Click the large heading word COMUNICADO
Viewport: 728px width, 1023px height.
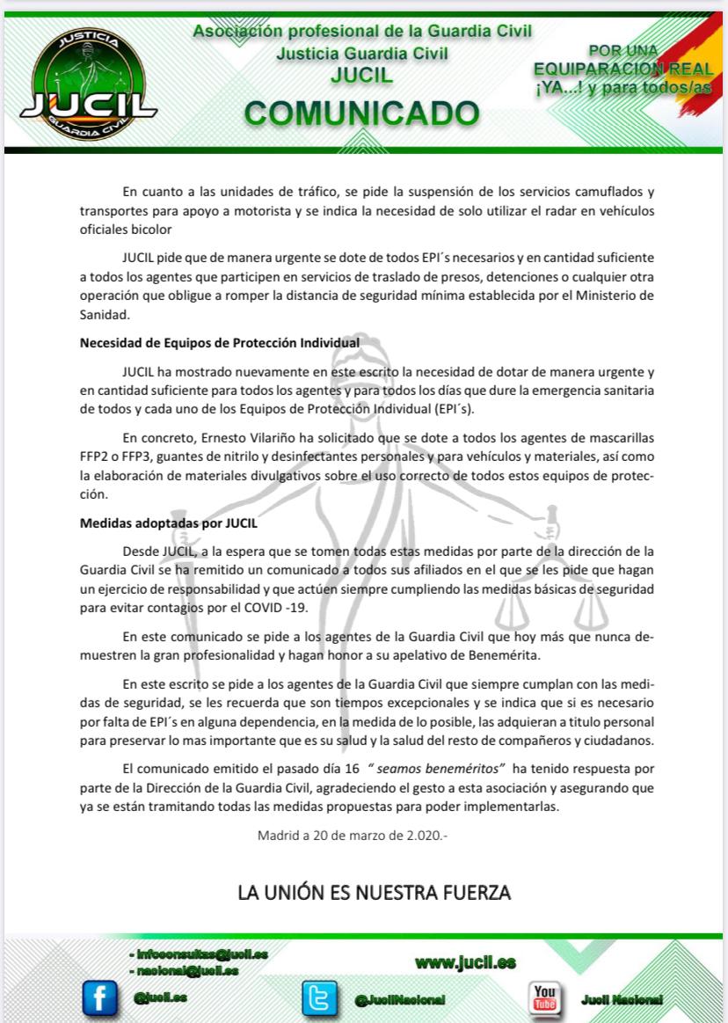click(361, 113)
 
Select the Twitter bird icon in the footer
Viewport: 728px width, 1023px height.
click(319, 997)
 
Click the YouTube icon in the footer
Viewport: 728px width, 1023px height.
click(544, 997)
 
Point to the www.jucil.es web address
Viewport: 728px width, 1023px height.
click(465, 962)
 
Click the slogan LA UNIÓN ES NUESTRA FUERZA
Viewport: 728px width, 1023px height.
click(374, 894)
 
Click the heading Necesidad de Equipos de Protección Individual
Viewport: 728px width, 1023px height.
click(219, 342)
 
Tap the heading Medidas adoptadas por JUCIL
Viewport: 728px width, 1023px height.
click(168, 522)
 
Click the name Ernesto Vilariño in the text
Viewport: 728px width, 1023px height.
click(240, 438)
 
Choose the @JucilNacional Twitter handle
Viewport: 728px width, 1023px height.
click(400, 1000)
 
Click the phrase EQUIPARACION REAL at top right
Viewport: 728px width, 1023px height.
click(623, 68)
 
